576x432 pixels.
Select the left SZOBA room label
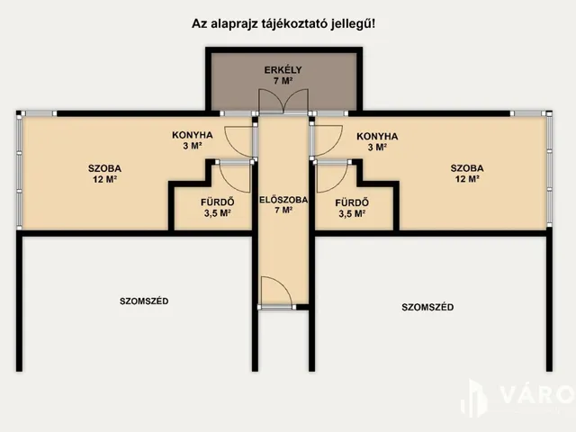click(x=104, y=173)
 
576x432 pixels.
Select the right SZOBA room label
click(x=467, y=173)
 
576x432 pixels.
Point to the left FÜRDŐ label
click(x=217, y=208)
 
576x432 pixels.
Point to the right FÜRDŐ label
click(x=350, y=208)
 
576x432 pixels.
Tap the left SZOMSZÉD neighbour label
click(x=144, y=301)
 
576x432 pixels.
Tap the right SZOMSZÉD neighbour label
click(x=427, y=307)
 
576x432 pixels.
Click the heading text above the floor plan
click(x=283, y=24)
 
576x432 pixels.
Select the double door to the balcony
click(x=283, y=103)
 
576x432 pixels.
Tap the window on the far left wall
click(x=19, y=172)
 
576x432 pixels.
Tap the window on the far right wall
click(x=548, y=172)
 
